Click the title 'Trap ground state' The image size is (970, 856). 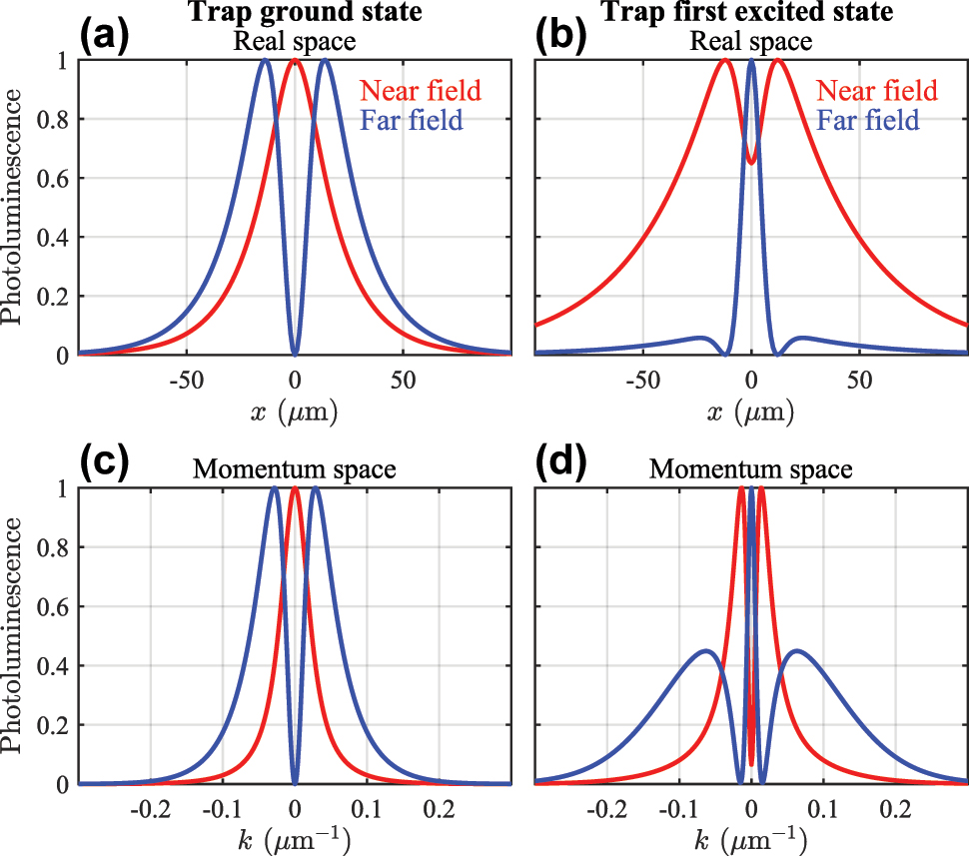pyautogui.click(x=295, y=14)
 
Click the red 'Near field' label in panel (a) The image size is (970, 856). pyautogui.click(x=420, y=91)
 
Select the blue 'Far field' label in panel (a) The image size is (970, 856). pyautogui.click(x=412, y=122)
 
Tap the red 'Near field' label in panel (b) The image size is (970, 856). pyautogui.click(x=876, y=91)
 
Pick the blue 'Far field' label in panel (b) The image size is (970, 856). pyautogui.click(x=868, y=122)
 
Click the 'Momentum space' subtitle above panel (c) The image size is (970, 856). pyautogui.click(x=295, y=469)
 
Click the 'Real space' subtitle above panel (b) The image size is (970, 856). pyautogui.click(x=751, y=42)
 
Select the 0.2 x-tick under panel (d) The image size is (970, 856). pyautogui.click(x=895, y=808)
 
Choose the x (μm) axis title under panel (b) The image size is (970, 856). pyautogui.click(x=751, y=410)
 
